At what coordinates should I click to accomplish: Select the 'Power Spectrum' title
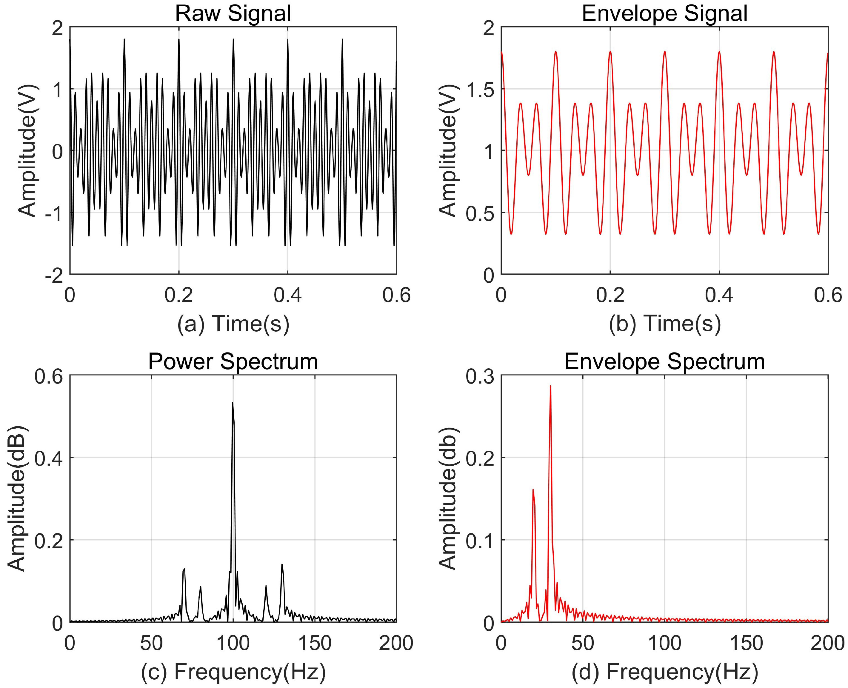point(233,361)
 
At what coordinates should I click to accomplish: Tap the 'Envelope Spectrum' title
point(664,361)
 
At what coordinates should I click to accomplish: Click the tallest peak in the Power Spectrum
point(233,404)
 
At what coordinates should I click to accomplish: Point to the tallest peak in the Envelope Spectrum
point(550,387)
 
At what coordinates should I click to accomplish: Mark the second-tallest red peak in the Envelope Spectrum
point(533,490)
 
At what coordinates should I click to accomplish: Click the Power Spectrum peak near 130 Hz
point(282,565)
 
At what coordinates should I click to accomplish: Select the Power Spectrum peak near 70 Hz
point(184,570)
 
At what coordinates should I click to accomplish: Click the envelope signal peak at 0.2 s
point(610,52)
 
